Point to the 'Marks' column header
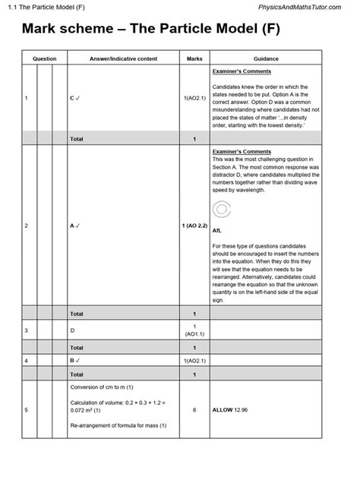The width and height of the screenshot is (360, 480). pos(194,58)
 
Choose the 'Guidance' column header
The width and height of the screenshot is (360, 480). pos(266,58)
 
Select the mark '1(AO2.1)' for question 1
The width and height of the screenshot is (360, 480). pos(194,98)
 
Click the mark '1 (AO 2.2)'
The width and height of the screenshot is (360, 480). pos(194,226)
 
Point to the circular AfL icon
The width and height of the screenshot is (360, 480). pos(219,210)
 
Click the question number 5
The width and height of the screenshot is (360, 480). pos(26,410)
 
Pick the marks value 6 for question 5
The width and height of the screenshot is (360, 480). pos(194,410)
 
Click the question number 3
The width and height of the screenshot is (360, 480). pos(26,330)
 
